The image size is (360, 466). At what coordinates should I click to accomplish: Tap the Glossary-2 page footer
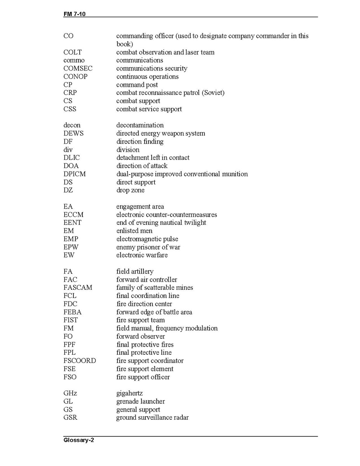pos(79,440)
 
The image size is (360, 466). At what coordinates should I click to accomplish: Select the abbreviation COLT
pos(73,52)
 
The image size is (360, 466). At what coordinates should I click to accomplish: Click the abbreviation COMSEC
pos(78,68)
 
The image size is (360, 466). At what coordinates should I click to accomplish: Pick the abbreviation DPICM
pos(75,174)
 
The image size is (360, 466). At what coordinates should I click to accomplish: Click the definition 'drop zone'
pos(130,190)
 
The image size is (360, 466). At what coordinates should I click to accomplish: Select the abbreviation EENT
pos(72,222)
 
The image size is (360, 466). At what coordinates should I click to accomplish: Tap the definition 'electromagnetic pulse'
pos(147,239)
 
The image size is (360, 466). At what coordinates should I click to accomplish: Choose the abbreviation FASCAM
pos(78,287)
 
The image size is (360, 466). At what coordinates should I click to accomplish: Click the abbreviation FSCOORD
pos(80,361)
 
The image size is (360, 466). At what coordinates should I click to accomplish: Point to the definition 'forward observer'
pos(141,336)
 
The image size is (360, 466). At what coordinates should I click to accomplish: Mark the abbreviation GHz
pos(70,393)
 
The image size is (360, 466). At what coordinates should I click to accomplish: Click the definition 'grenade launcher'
pos(141,401)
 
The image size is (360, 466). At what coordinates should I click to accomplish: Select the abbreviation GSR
pos(70,418)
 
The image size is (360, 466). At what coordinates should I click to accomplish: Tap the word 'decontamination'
pos(140,125)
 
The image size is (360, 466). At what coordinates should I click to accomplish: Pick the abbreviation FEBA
pos(72,312)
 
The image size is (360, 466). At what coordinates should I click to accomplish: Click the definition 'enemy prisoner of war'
pos(148,247)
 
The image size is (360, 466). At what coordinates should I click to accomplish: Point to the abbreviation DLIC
pos(72,158)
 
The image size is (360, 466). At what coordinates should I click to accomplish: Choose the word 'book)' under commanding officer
pos(125,44)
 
